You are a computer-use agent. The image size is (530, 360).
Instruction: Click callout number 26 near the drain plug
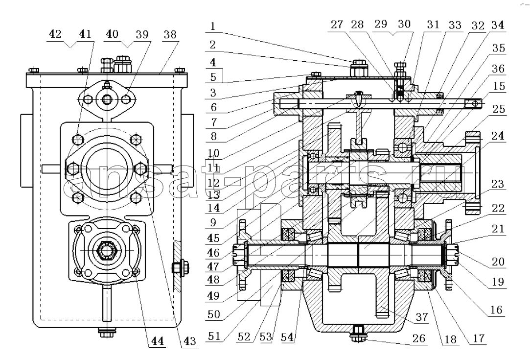(418, 338)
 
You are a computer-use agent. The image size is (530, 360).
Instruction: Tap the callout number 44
(157, 340)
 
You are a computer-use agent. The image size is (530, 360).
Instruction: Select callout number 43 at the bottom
(189, 341)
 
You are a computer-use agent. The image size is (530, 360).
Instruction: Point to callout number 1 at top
(212, 26)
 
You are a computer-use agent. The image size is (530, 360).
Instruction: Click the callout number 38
(170, 34)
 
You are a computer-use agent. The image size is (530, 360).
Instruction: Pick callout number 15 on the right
(499, 86)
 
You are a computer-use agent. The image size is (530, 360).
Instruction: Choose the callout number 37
(421, 317)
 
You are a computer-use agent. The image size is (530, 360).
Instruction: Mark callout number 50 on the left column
(214, 314)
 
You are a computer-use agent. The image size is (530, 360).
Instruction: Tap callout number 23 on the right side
(498, 184)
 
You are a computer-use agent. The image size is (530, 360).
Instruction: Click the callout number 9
(213, 223)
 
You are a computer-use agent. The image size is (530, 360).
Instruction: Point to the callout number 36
(498, 69)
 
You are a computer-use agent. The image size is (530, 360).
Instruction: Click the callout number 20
(498, 262)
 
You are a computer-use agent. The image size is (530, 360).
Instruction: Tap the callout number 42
(55, 34)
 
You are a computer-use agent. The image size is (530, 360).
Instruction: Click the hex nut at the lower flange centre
(107, 251)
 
